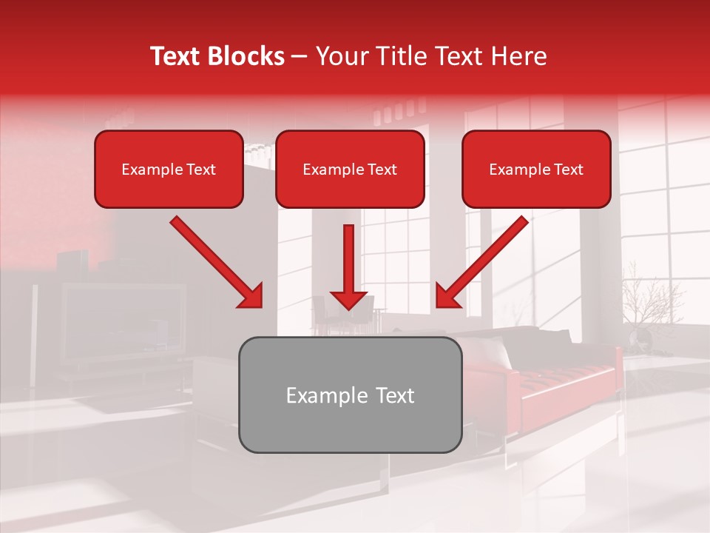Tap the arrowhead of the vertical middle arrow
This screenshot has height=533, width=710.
(348, 300)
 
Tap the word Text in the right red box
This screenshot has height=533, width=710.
(568, 170)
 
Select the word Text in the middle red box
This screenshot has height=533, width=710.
(382, 170)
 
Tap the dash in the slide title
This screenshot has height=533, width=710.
(300, 57)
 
